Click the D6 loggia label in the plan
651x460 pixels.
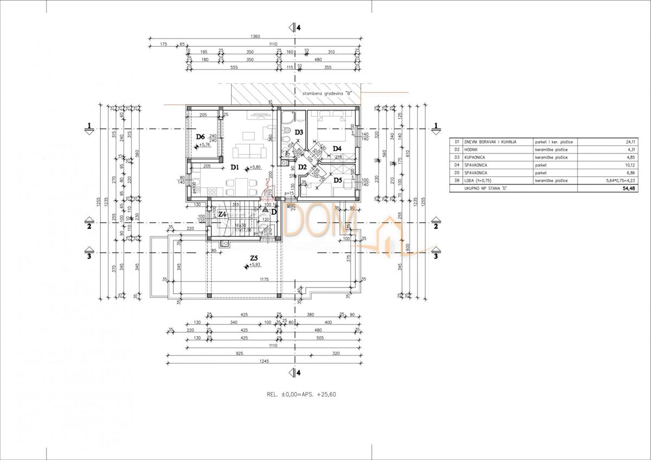pos(200,136)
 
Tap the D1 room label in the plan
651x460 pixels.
pos(234,167)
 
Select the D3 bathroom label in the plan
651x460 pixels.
pos(298,132)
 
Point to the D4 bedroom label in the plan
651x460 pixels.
pos(336,148)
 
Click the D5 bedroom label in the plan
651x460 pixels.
pos(337,180)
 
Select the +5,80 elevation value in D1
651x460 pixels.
pos(254,167)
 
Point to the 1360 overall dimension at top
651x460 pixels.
pos(256,37)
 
